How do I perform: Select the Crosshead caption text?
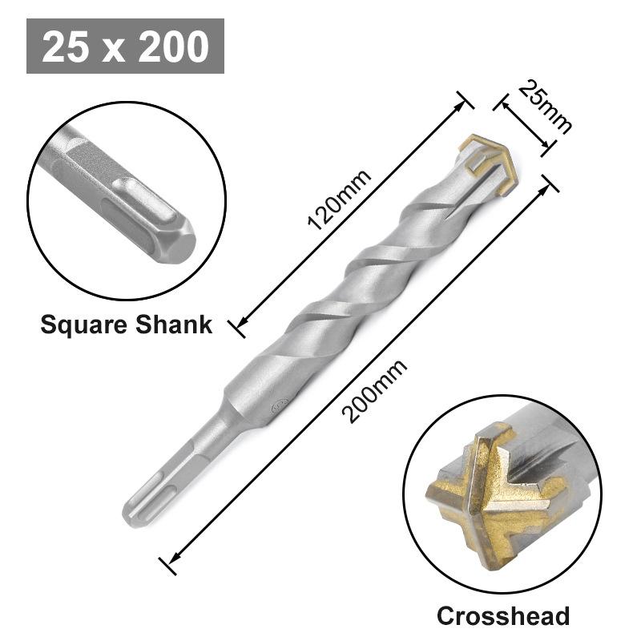(502, 615)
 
